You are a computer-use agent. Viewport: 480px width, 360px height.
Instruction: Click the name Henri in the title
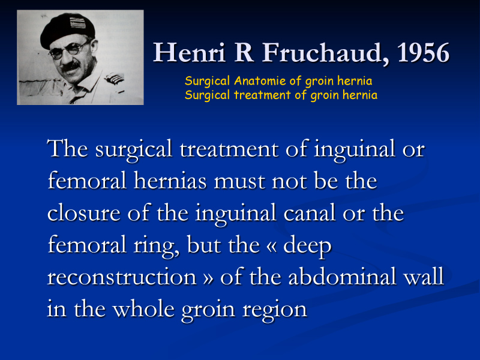(189, 52)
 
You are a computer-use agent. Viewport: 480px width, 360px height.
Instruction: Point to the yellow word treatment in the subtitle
(262, 95)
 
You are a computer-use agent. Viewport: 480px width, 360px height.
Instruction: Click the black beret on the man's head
(67, 29)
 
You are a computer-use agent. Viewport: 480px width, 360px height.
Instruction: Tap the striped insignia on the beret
(77, 23)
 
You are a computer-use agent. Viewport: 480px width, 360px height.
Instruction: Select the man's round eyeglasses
(70, 50)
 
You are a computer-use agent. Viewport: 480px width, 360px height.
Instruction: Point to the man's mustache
(71, 66)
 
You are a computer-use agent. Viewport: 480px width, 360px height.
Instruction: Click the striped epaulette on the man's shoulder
(114, 79)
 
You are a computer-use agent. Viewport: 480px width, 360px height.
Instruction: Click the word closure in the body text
(83, 213)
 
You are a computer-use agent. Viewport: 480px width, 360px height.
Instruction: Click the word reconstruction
(122, 277)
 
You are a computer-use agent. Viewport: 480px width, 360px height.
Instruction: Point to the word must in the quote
(239, 182)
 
